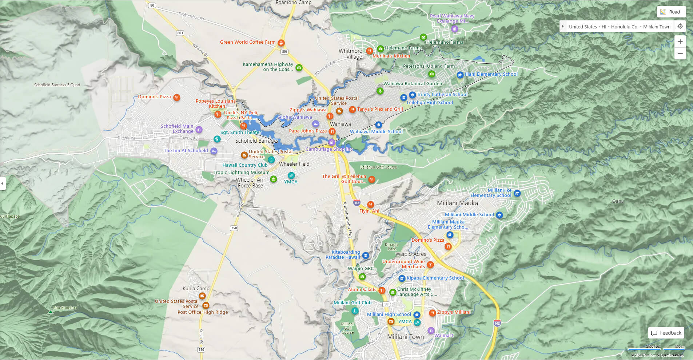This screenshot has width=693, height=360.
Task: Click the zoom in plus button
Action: pos(680,41)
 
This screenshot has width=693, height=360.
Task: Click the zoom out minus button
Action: pos(680,54)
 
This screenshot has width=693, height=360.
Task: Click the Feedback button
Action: pos(666,333)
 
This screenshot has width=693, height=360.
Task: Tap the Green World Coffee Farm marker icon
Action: pos(281,43)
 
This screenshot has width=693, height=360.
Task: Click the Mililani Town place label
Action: pos(405,337)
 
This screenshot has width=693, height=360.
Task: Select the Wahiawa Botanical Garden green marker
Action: pos(380,91)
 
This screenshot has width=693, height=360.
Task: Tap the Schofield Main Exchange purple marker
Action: pos(199,130)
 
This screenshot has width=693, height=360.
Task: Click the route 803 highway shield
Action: pos(180,33)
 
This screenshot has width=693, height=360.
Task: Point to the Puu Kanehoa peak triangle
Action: pos(51,312)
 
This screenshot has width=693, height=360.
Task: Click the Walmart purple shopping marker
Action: pos(431,331)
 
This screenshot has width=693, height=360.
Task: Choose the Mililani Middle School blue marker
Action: pos(499,215)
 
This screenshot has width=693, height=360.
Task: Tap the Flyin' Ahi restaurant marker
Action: pos(370,205)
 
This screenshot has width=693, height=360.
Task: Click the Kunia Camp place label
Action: pos(196,288)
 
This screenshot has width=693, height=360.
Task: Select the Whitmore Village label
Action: pos(350,54)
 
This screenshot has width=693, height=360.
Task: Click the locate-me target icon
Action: pos(680,26)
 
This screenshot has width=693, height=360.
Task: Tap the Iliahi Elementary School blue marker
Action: pos(460,75)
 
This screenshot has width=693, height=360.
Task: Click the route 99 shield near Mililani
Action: pos(386,304)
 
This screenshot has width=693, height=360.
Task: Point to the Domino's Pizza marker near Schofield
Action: pos(176,97)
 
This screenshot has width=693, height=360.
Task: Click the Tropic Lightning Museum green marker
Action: pos(274,179)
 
